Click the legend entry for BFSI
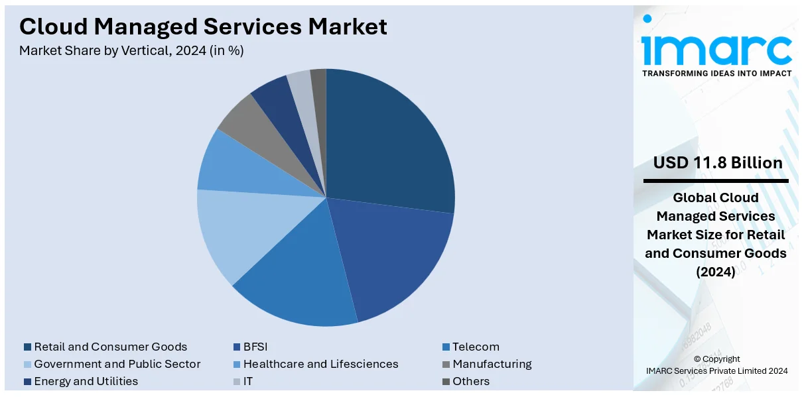click(255, 347)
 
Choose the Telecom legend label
click(476, 347)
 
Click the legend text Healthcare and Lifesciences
click(320, 364)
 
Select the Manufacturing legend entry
click(492, 364)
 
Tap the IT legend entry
click(247, 381)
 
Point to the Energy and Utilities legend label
click(86, 381)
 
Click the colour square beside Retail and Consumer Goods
click(27, 347)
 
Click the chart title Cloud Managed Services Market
click(203, 27)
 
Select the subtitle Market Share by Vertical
click(131, 50)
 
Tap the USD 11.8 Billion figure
click(718, 163)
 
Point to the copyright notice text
click(716, 365)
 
